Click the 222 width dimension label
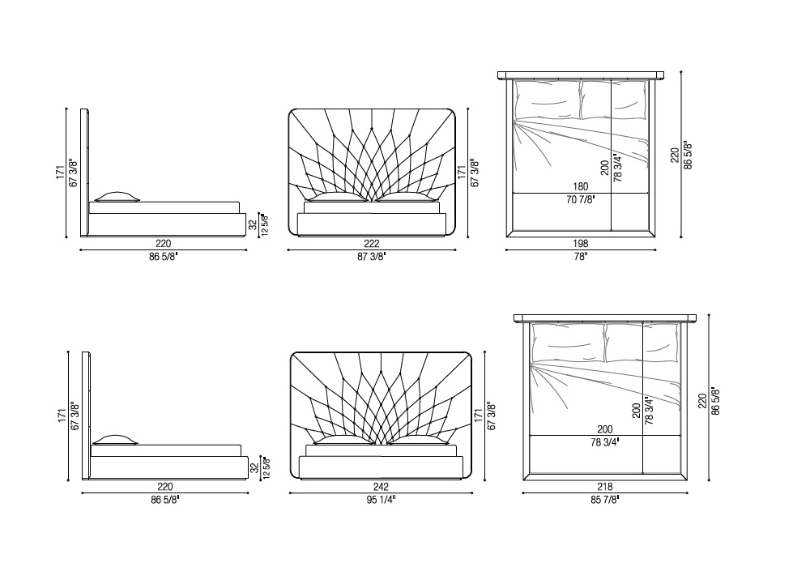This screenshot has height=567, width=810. click(x=372, y=244)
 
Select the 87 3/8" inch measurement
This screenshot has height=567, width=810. click(x=372, y=257)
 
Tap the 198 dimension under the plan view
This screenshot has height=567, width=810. click(x=581, y=244)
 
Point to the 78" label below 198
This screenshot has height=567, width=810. click(x=581, y=257)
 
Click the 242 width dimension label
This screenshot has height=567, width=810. click(x=381, y=487)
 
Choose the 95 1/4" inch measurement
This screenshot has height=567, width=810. click(x=381, y=500)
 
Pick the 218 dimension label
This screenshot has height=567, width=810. click(x=604, y=487)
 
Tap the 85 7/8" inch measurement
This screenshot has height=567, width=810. click(x=604, y=500)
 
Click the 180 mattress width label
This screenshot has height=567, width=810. click(x=581, y=187)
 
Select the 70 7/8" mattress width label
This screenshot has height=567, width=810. click(x=581, y=200)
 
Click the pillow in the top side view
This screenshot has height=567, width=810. click(x=117, y=197)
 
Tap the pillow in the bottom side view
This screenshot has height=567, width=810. click(x=115, y=440)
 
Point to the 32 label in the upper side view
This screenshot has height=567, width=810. click(x=253, y=225)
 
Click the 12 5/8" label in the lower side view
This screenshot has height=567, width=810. click(x=266, y=468)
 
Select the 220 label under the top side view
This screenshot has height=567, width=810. click(x=164, y=244)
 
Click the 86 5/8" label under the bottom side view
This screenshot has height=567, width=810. click(x=165, y=500)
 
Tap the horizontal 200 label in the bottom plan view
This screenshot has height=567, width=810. click(x=605, y=429)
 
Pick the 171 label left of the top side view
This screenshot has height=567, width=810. click(x=61, y=173)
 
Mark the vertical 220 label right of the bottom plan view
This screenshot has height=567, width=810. click(x=702, y=401)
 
